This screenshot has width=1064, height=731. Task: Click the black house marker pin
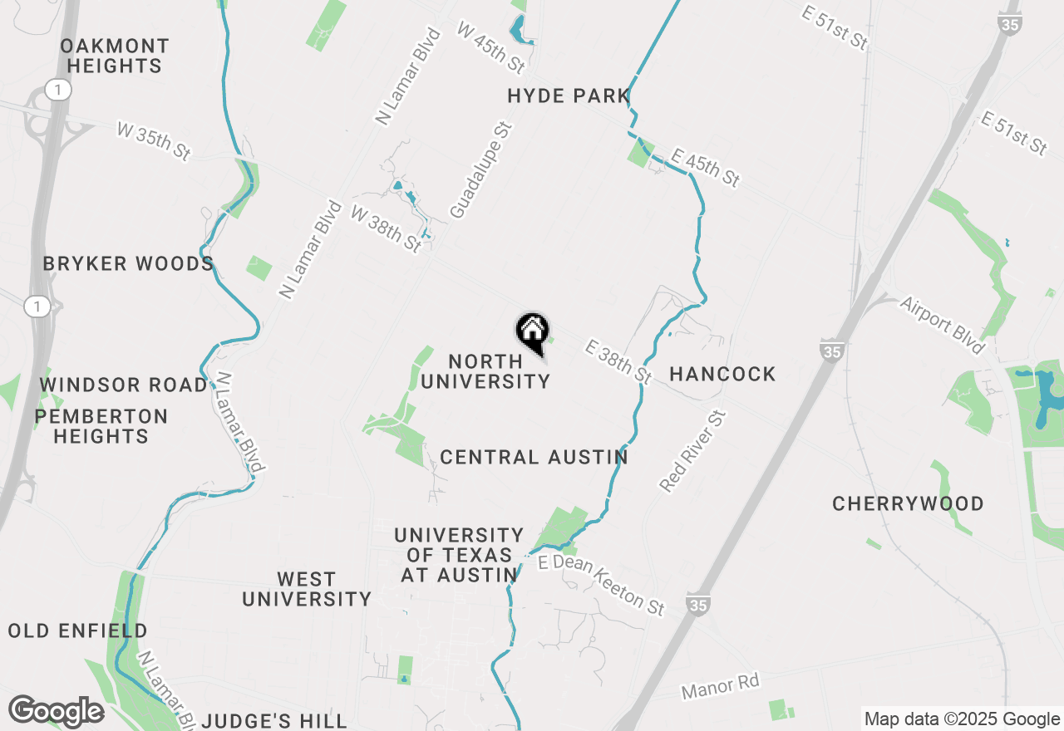pyautogui.click(x=532, y=333)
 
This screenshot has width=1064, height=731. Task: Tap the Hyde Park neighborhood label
pyautogui.click(x=569, y=96)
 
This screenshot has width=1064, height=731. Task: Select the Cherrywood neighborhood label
pyautogui.click(x=908, y=504)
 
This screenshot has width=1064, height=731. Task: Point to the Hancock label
pyautogui.click(x=722, y=375)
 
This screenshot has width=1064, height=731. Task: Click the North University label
pyautogui.click(x=485, y=371)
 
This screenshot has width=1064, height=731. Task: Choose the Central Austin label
pyautogui.click(x=534, y=458)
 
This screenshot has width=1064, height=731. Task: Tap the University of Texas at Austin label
pyautogui.click(x=459, y=555)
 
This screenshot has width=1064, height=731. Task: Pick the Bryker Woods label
pyautogui.click(x=129, y=264)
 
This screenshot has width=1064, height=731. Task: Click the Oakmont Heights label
pyautogui.click(x=115, y=56)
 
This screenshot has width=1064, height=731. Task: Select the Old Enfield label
pyautogui.click(x=77, y=631)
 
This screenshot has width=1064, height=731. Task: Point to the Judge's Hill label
pyautogui.click(x=274, y=720)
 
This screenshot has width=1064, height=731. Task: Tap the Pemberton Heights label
pyautogui.click(x=101, y=426)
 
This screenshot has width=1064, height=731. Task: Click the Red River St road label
pyautogui.click(x=692, y=451)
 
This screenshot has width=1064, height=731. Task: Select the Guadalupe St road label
pyautogui.click(x=481, y=171)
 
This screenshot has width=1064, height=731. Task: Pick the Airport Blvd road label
pyautogui.click(x=941, y=324)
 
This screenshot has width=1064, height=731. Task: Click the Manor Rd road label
pyautogui.click(x=720, y=687)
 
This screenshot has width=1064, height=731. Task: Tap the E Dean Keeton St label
pyautogui.click(x=601, y=585)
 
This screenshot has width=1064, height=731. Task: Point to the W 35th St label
pyautogui.click(x=154, y=141)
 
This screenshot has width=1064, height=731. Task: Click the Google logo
pyautogui.click(x=56, y=712)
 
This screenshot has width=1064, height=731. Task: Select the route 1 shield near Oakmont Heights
pyautogui.click(x=57, y=91)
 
